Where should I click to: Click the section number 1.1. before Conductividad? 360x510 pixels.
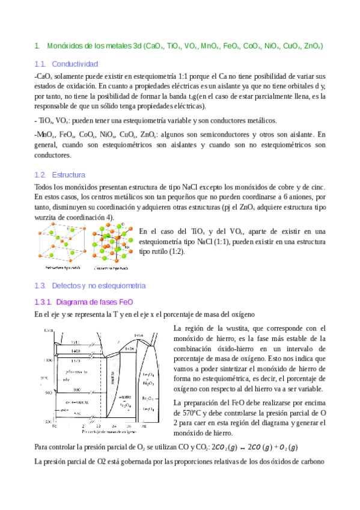pos(40,64)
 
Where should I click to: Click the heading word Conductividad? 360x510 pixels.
pos(75,64)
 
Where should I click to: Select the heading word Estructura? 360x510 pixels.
pos(69,174)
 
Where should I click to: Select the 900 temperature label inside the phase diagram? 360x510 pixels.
pos(78,390)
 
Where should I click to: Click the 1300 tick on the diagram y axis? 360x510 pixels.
pos(46,360)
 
